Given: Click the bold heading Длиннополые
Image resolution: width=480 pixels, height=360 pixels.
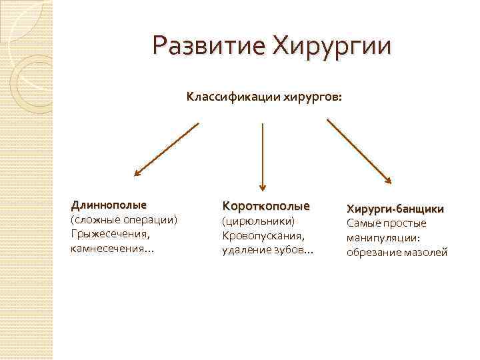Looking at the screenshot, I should (x=109, y=204).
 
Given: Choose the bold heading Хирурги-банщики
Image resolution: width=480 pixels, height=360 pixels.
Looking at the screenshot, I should (x=395, y=209).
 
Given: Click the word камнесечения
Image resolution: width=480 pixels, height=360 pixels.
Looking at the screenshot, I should (x=107, y=249).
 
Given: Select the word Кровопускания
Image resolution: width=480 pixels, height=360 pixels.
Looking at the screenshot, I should (x=263, y=235).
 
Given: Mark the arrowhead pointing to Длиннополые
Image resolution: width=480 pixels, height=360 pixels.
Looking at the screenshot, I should (x=137, y=173).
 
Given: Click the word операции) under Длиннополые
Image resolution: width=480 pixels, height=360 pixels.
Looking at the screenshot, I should (x=149, y=219).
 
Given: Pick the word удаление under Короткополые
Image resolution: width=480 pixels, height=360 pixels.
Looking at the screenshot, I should (x=243, y=250).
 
